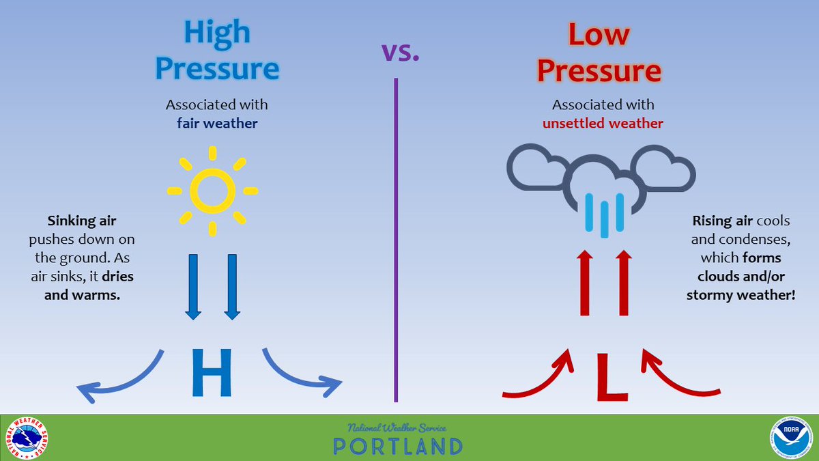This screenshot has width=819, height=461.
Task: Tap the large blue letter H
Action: pyautogui.click(x=212, y=373)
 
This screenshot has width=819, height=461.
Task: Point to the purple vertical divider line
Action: pyautogui.click(x=396, y=239)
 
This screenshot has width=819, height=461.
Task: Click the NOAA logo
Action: pyautogui.click(x=791, y=438)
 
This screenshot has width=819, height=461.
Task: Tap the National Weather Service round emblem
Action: pyautogui.click(x=27, y=438)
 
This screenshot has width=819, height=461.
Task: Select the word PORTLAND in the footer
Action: pyautogui.click(x=398, y=446)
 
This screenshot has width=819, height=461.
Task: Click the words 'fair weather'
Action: pyautogui.click(x=217, y=124)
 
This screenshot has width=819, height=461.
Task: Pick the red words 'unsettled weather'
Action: pyautogui.click(x=603, y=124)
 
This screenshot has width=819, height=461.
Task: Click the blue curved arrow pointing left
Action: pyautogui.click(x=119, y=379)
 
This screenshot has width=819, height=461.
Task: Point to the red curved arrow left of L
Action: pyautogui.click(x=539, y=379)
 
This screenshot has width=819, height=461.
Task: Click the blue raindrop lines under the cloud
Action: pyautogui.click(x=603, y=214)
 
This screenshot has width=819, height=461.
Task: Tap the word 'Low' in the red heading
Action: pyautogui.click(x=599, y=33)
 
